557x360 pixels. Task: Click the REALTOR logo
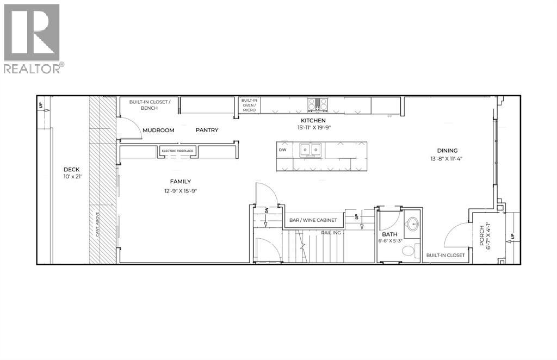coord(34,38)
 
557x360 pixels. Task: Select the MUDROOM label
coord(158,131)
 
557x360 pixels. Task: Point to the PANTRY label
coord(207,131)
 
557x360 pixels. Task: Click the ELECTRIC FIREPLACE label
coord(178,151)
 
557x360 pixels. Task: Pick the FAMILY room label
coord(180,182)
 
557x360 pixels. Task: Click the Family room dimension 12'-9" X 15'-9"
coord(180,191)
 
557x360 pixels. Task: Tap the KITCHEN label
coord(314,121)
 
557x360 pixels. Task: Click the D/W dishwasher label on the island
coord(282,150)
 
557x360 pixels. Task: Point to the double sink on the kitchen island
coord(311,150)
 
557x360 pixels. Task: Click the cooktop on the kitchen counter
coord(317,103)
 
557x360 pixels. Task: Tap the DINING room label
coord(447,151)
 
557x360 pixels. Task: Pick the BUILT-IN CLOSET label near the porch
coord(445,255)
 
